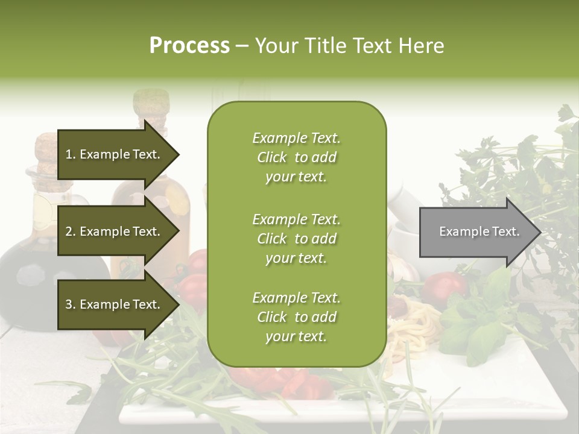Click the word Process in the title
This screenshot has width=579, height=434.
click(x=189, y=46)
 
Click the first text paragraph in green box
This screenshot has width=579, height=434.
click(x=296, y=157)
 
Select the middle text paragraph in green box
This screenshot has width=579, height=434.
click(x=296, y=239)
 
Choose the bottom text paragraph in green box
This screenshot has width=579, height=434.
click(x=296, y=317)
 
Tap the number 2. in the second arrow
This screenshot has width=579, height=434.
click(x=71, y=231)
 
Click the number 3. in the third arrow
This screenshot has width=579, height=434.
click(x=71, y=304)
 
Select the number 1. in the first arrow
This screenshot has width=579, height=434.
click(x=71, y=154)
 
